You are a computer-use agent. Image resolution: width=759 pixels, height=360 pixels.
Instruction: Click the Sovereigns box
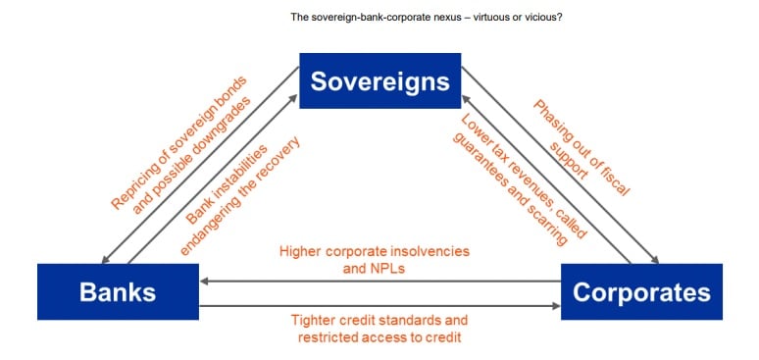(379, 80)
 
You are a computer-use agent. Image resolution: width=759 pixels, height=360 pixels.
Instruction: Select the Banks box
(118, 291)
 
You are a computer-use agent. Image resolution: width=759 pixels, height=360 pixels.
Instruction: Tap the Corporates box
(641, 291)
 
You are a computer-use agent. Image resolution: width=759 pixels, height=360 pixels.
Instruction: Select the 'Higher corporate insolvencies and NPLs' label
(375, 260)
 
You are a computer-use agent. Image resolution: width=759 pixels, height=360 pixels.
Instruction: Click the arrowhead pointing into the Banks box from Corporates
(204, 281)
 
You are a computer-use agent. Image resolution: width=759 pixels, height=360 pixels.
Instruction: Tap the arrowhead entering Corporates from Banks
(556, 306)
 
